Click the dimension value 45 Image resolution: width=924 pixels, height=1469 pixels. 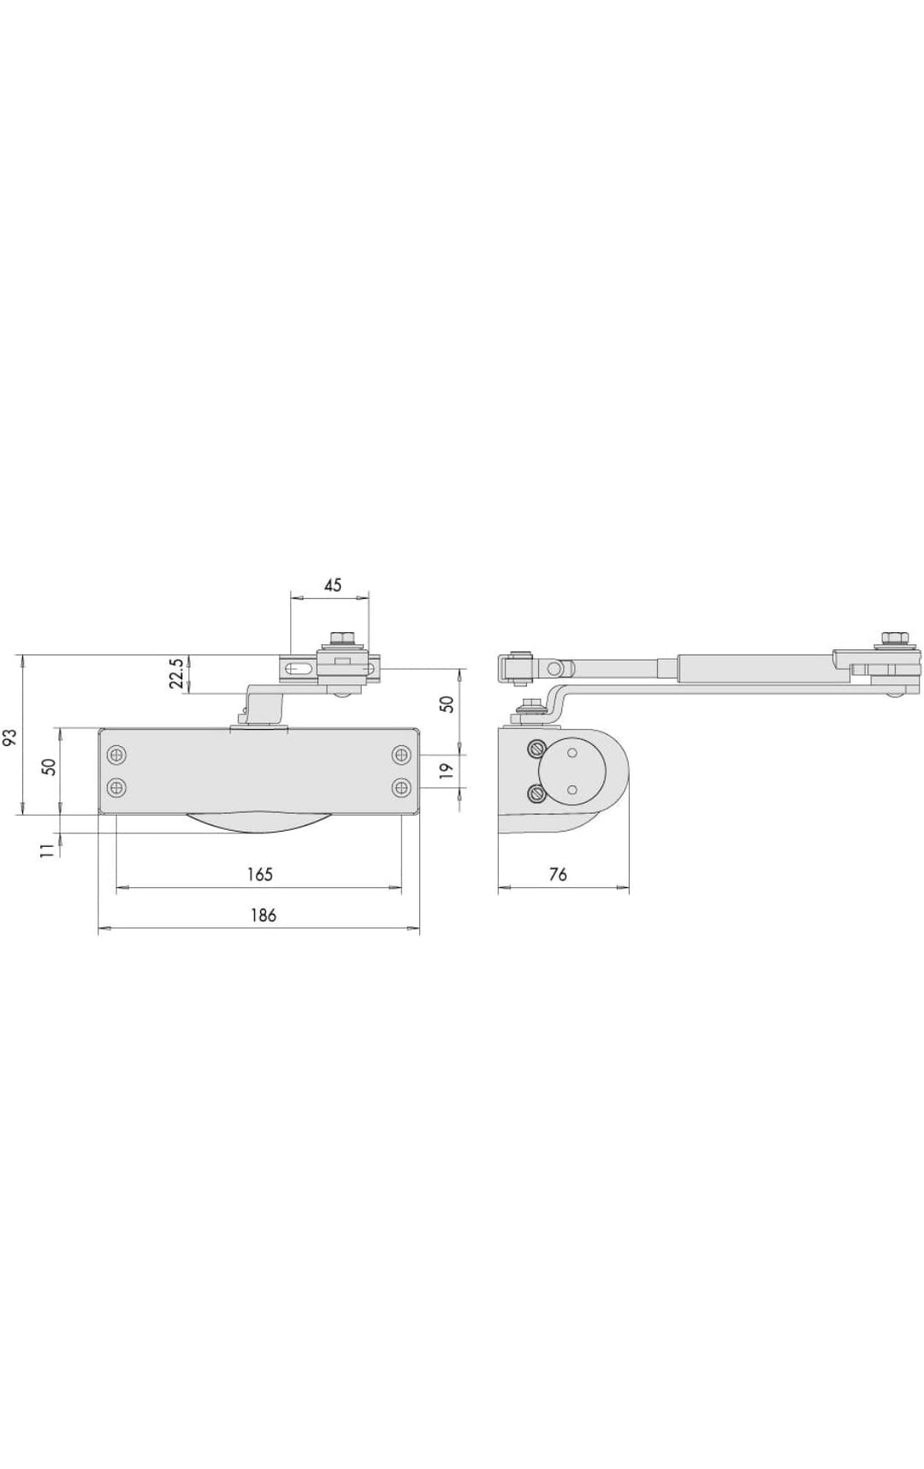[333, 585]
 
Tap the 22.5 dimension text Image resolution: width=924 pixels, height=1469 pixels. [176, 673]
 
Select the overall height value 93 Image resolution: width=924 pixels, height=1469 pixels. [10, 737]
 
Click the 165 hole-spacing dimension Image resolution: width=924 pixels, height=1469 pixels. [259, 874]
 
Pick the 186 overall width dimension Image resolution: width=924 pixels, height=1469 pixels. [263, 915]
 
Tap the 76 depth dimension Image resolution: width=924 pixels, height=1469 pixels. [557, 874]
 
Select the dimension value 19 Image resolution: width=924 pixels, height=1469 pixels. [447, 771]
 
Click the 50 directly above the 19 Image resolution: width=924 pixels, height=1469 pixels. [447, 703]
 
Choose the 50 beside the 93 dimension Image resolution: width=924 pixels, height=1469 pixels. [50, 767]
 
